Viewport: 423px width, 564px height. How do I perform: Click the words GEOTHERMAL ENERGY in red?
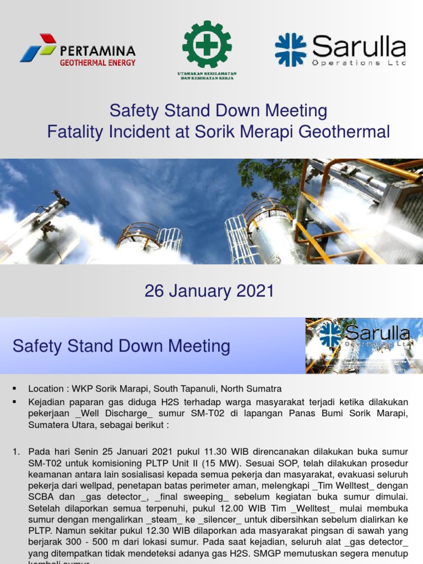coord(97,63)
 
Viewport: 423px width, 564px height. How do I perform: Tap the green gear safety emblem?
coord(207,44)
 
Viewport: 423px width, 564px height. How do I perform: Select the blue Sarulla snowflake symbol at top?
coord(290,50)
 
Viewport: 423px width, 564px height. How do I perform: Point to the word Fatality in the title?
coord(76,132)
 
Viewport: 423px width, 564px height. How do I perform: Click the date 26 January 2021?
coord(209,291)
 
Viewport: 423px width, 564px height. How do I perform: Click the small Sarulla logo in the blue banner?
coord(364,345)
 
